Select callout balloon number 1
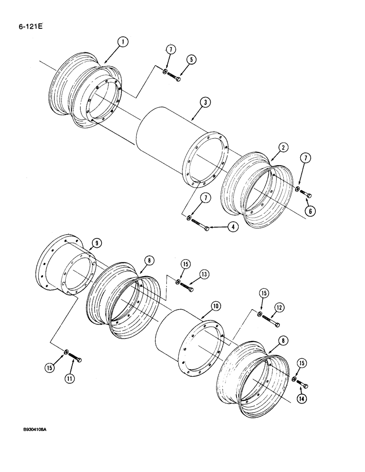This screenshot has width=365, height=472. [122, 43]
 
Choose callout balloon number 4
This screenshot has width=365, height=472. [232, 227]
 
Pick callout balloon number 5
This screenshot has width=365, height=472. [191, 60]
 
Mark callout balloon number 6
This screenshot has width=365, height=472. [309, 212]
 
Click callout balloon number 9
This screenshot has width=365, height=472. [96, 243]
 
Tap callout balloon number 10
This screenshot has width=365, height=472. [215, 306]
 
